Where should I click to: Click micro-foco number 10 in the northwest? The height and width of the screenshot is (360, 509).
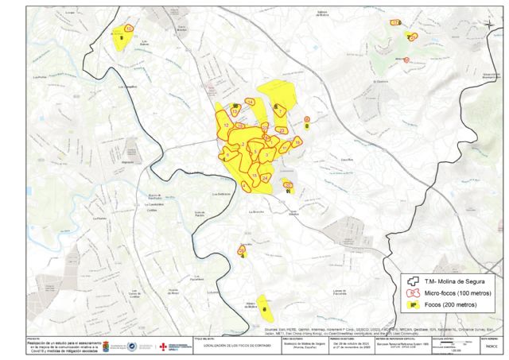tap(128, 29)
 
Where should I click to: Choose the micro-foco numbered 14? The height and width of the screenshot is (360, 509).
tap(250, 103)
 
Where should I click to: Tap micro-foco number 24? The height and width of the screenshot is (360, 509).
tap(264, 180)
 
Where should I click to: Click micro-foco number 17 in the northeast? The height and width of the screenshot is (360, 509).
tap(395, 24)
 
